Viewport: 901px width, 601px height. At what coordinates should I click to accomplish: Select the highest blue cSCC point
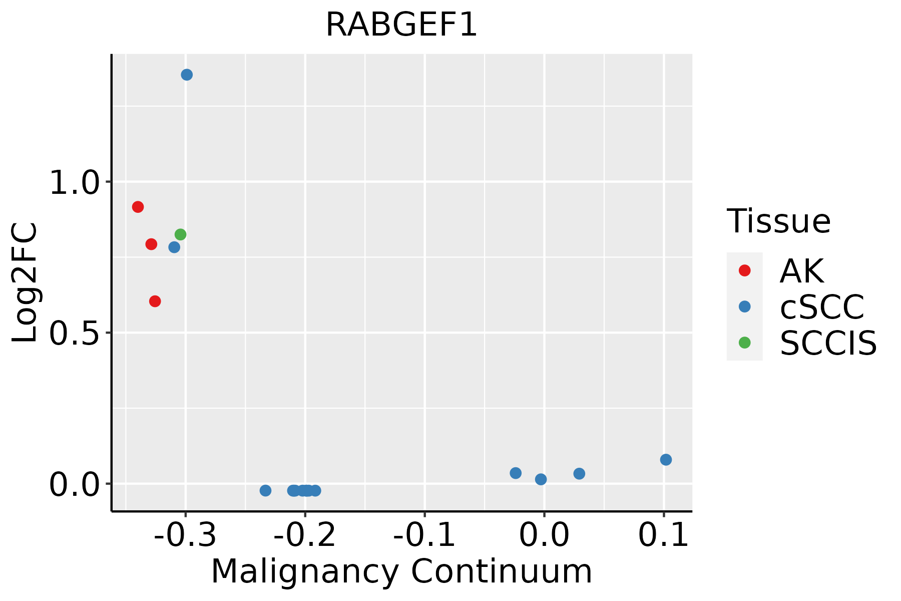point(187,75)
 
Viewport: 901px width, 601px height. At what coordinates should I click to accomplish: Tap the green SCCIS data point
point(180,234)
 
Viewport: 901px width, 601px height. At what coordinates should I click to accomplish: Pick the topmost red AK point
point(138,207)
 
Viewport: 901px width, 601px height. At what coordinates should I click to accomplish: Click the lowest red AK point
point(155,301)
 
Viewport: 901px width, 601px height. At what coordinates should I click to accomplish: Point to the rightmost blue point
point(666,460)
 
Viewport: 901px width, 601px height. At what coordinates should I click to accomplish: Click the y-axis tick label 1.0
point(75,183)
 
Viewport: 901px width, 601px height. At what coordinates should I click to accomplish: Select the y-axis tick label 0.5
point(75,334)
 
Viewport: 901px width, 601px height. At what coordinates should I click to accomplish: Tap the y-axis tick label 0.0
point(75,485)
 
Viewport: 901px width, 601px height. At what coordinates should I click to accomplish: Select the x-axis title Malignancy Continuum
point(401,571)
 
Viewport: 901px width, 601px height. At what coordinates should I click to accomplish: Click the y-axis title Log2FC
point(25,282)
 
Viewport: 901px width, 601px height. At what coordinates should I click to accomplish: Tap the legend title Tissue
point(778,221)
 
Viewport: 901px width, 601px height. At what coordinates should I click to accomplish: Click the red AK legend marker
point(744,270)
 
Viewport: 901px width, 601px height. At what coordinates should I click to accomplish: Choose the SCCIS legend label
point(828,344)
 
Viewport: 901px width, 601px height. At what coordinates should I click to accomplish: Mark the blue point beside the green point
point(174,247)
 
